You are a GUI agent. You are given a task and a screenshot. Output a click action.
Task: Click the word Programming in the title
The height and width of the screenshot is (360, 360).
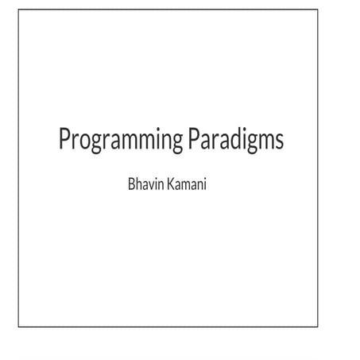[121, 140]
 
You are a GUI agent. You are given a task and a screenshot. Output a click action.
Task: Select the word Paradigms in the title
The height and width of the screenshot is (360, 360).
[236, 140]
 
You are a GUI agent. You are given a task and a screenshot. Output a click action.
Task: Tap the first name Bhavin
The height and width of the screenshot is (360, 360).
[146, 184]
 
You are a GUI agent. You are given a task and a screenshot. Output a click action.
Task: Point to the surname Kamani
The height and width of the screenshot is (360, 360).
[187, 184]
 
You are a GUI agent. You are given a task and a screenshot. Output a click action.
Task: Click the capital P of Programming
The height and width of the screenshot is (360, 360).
[64, 138]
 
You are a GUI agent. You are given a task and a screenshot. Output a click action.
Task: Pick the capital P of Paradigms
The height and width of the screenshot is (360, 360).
[194, 138]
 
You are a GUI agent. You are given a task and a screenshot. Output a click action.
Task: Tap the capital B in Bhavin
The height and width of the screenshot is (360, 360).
[132, 184]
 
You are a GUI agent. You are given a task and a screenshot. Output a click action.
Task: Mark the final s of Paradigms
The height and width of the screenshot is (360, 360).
[279, 141]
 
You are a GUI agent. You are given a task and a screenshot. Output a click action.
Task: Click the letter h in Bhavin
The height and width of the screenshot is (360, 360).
[139, 184]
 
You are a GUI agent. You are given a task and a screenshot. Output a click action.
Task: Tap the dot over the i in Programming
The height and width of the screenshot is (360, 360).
[158, 130]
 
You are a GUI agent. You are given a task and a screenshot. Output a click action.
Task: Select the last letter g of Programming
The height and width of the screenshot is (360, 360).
[176, 144]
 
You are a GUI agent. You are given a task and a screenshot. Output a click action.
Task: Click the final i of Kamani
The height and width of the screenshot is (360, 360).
[205, 184]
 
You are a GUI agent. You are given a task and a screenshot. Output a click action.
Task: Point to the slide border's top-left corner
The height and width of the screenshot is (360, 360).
[18, 10]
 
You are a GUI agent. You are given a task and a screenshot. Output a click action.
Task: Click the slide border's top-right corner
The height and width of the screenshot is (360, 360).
[318, 10]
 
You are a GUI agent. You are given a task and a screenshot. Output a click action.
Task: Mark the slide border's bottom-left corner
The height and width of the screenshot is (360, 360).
[18, 327]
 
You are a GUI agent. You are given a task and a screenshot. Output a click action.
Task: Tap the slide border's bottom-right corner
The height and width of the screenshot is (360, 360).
[318, 327]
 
